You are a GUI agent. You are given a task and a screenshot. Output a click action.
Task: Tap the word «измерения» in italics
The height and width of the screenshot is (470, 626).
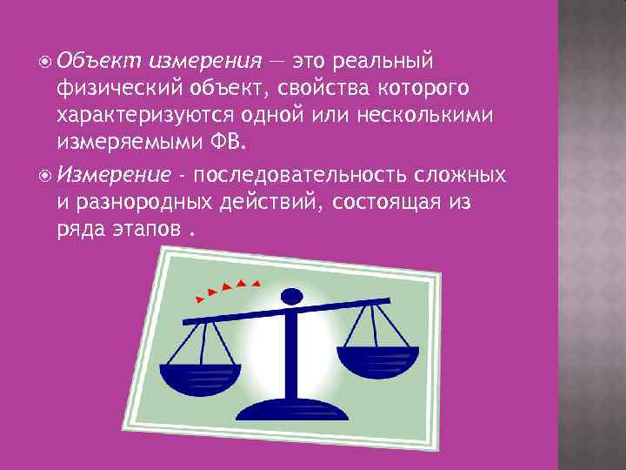click(205, 62)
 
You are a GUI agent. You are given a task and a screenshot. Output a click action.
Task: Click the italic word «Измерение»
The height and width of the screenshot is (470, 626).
click(114, 175)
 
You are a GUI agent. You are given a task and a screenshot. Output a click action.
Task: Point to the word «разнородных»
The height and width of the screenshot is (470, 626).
click(139, 201)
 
